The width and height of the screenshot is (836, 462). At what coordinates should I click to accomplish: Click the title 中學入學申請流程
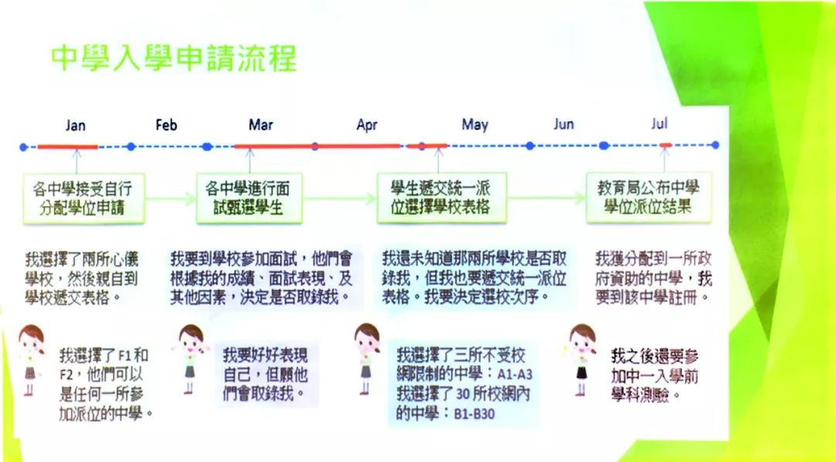click(173, 57)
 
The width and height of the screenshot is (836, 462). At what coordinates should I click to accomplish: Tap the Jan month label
click(76, 126)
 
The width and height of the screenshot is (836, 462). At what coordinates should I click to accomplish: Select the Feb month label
click(166, 125)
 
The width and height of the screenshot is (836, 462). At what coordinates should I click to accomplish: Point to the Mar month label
click(261, 125)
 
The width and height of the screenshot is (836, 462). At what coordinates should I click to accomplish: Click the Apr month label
click(367, 126)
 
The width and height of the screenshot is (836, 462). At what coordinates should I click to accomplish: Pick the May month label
click(475, 125)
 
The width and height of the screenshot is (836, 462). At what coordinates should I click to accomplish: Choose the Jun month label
click(564, 124)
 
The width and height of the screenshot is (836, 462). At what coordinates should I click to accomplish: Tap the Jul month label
click(660, 123)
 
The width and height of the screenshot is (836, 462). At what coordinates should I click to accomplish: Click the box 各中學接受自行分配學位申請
click(83, 198)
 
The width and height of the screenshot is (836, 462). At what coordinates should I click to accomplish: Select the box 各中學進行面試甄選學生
click(248, 198)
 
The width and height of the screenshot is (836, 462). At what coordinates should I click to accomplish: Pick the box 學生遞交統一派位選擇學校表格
click(439, 198)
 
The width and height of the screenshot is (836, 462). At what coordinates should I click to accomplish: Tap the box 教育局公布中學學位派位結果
click(649, 198)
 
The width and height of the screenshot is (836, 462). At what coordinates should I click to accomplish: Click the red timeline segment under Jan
click(68, 147)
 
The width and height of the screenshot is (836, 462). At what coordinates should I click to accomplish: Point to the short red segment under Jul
click(665, 145)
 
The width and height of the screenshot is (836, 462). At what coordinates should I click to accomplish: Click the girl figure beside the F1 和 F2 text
click(31, 360)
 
